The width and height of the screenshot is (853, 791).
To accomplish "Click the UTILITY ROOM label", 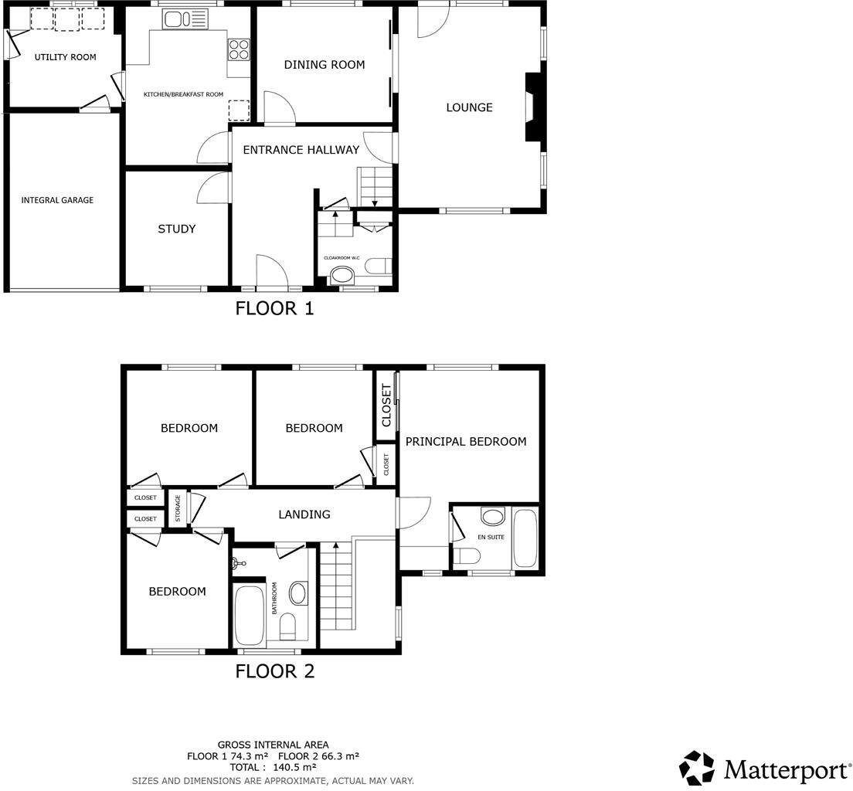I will pos(65,57).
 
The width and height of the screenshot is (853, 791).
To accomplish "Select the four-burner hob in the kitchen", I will pos(239,49).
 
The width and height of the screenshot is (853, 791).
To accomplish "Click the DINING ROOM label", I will pos(325,65).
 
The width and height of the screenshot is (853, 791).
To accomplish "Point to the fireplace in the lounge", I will pos(532,107).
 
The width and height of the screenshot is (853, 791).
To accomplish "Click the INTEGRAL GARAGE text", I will pos(57,200).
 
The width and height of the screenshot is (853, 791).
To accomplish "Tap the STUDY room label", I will pos(176,229).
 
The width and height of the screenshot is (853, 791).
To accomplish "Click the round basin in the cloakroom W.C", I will pos(341,274).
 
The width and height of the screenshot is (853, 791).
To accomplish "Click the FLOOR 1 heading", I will pos(274,309).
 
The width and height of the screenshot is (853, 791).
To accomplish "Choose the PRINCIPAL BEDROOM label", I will pos(466,442).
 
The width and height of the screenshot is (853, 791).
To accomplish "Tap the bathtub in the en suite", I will pos(525,538).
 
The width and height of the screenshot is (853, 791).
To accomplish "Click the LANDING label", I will pos(304,514).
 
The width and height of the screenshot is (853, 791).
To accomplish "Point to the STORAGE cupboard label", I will pos(177,508).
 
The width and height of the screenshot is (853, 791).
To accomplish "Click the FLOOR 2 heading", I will pos(274,671).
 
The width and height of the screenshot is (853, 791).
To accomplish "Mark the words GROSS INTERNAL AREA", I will pos(273,745).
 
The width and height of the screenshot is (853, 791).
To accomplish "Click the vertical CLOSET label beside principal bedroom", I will pos(386,405).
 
